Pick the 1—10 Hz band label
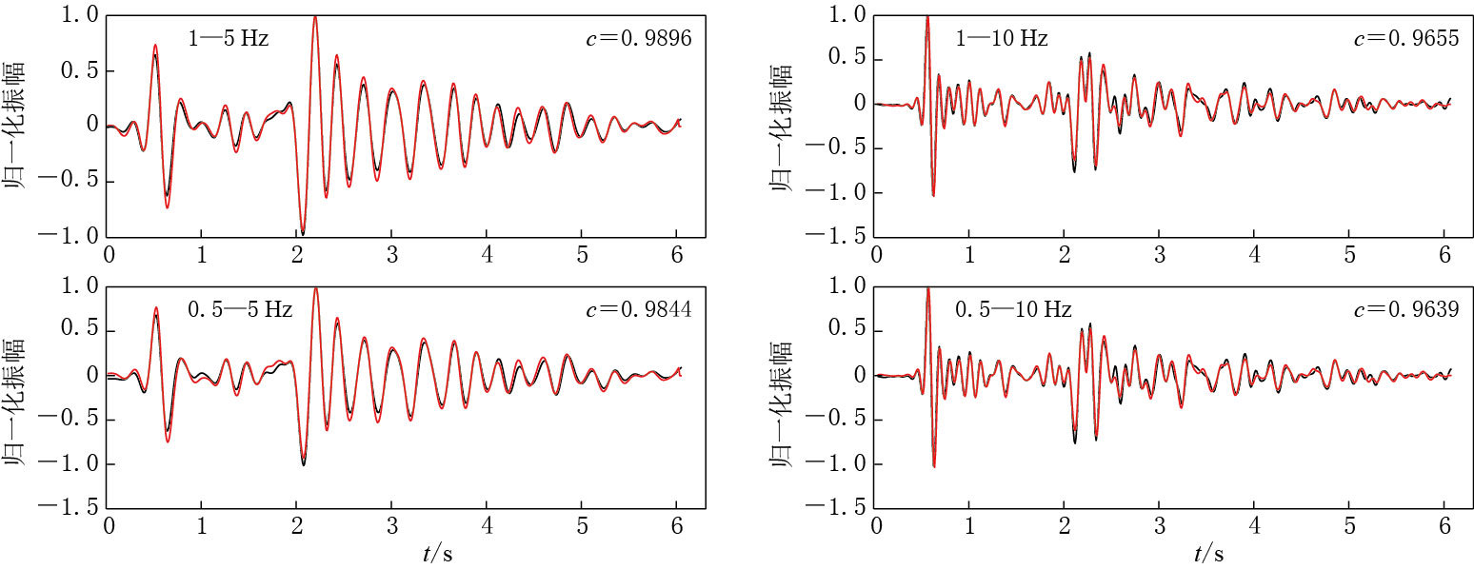coord(1002,39)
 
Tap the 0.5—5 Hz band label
coord(239,309)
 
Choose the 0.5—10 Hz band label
coord(1013,309)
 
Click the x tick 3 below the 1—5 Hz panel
coord(391,256)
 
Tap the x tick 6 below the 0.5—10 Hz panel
coord(1444,526)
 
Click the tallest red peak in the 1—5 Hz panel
coord(315,17)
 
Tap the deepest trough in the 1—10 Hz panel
coord(933,195)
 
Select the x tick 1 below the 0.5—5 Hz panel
coord(202,526)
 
